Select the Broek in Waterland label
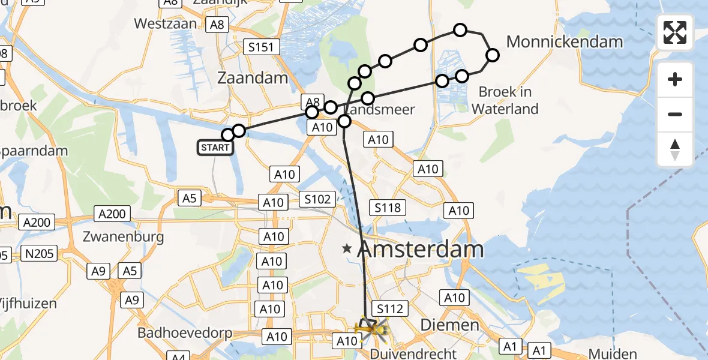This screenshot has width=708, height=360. pyautogui.click(x=505, y=101)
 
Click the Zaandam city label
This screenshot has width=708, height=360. pyautogui.click(x=253, y=78)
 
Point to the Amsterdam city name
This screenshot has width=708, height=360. pyautogui.click(x=420, y=250)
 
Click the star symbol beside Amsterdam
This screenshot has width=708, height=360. pyautogui.click(x=347, y=248)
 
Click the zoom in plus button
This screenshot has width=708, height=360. pyautogui.click(x=675, y=79)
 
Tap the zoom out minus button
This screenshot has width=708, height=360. pyautogui.click(x=675, y=114)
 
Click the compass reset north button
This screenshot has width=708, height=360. pyautogui.click(x=675, y=149)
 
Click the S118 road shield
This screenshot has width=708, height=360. pyautogui.click(x=388, y=208)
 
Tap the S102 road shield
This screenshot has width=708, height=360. pyautogui.click(x=318, y=199)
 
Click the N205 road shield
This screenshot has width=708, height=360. pyautogui.click(x=41, y=254)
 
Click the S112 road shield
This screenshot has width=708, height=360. pyautogui.click(x=390, y=308)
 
